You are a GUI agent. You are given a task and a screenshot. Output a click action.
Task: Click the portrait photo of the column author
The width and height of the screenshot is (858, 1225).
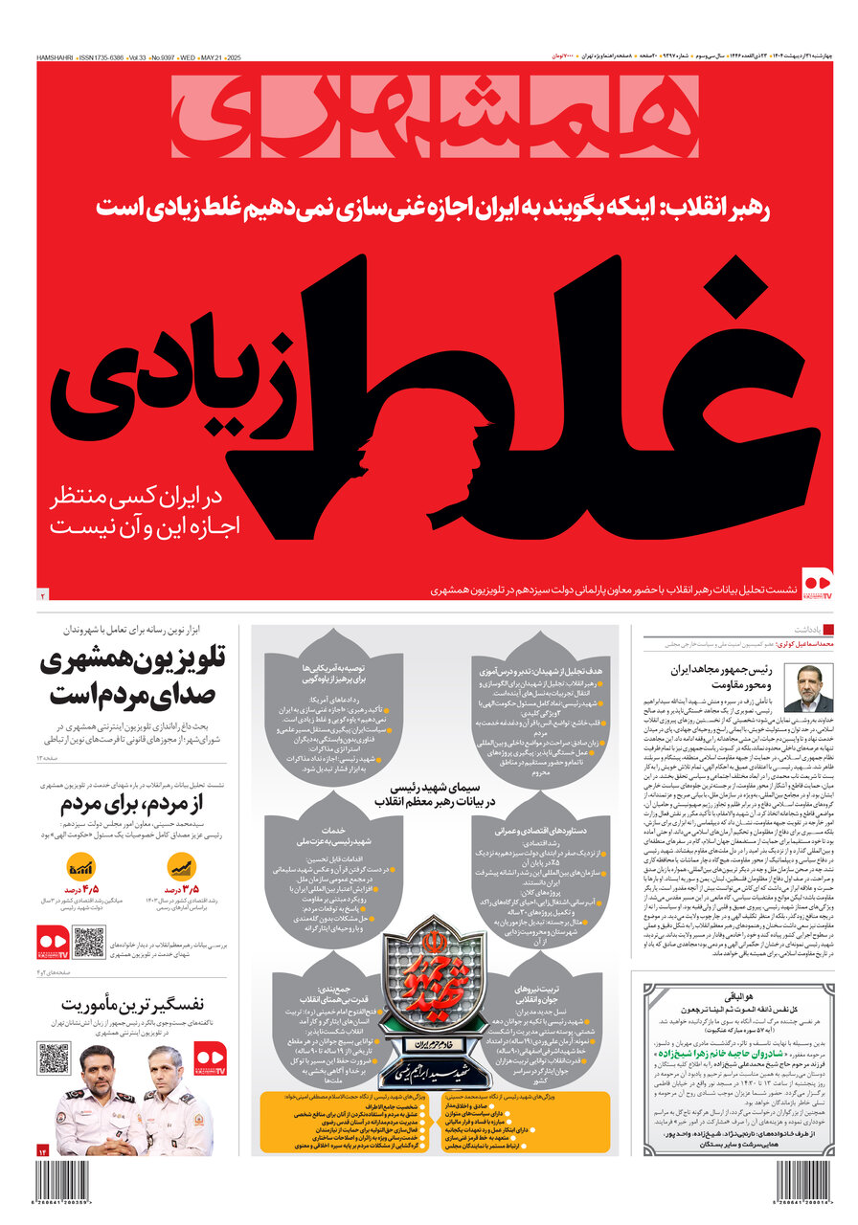point(808,689)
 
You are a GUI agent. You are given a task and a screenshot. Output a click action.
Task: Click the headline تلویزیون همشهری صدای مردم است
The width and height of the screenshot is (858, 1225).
point(134,676)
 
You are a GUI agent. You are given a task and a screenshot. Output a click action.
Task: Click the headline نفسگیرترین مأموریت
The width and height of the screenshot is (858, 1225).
point(133,1004)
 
